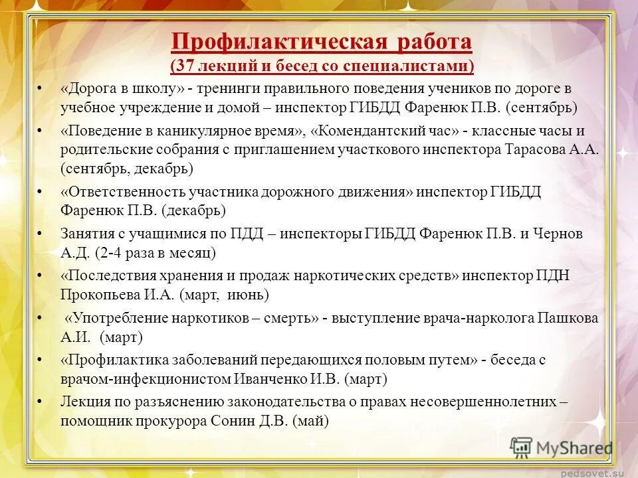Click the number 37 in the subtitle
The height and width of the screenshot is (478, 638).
point(185,66)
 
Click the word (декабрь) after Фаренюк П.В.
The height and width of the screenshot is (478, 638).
point(193,211)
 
